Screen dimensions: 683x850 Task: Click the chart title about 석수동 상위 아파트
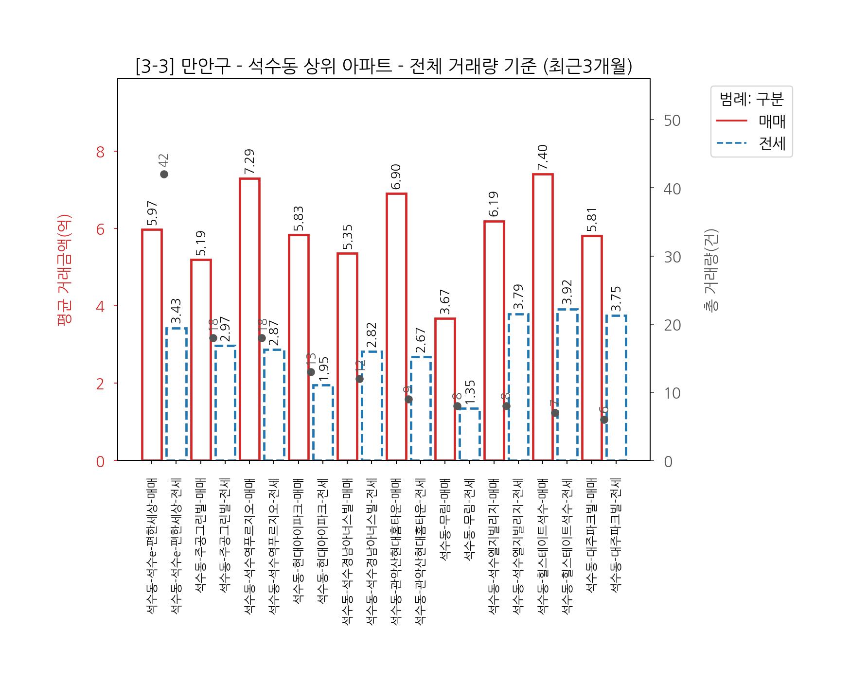point(384,67)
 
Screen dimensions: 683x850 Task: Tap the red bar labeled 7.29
point(249,319)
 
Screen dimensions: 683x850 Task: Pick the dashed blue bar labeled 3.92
point(567,384)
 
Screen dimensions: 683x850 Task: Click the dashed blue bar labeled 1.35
point(470,434)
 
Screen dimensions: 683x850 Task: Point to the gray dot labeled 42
point(164,174)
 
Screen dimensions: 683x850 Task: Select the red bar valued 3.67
point(445,389)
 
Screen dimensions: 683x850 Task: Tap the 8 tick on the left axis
point(101,152)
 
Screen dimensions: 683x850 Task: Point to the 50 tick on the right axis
point(672,121)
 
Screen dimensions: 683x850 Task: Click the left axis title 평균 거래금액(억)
point(64,270)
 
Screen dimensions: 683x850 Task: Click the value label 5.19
point(200,243)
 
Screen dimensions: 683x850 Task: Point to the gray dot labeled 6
point(604,420)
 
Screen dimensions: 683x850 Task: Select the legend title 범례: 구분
point(751,99)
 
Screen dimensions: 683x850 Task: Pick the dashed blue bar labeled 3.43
point(177,394)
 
